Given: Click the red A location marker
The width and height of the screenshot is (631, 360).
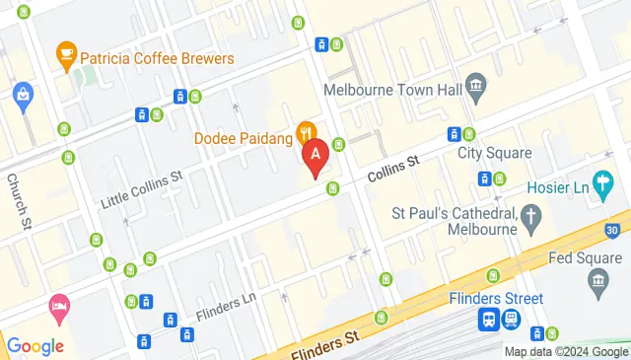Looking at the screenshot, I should tap(315, 156).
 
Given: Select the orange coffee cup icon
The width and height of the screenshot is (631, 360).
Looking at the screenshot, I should tap(66, 51).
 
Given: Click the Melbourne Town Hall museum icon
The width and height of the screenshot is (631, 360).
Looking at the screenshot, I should tap(475, 88).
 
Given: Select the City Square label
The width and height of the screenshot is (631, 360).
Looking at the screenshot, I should tap(494, 153).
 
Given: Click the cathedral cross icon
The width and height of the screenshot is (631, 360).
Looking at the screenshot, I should tap(531, 217).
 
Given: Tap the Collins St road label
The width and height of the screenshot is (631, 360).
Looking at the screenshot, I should tap(393, 168).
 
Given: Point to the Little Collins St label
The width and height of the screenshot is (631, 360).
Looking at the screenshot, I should tap(143, 189).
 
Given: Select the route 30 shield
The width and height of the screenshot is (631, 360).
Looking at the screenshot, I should tap(613, 230).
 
